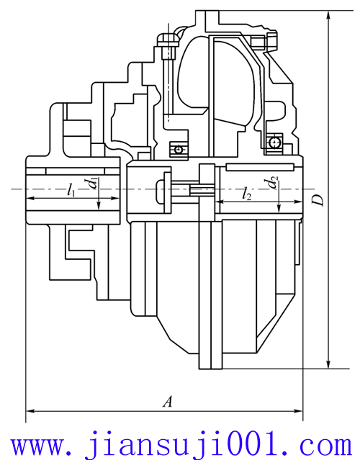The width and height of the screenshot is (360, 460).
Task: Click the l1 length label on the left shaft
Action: click(x=71, y=190)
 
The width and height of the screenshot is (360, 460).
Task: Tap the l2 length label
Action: click(x=247, y=193)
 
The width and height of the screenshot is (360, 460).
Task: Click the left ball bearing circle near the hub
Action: click(x=178, y=149)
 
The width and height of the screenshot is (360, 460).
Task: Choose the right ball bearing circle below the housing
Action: click(x=276, y=142)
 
